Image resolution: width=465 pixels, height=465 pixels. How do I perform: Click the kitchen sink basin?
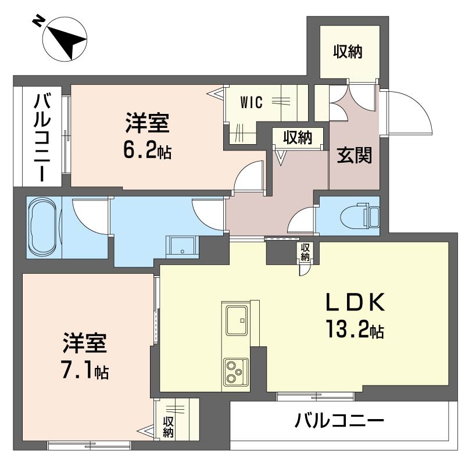[236, 319]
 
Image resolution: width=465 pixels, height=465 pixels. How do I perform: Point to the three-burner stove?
[235, 371]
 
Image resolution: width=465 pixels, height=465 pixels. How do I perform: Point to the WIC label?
[252, 102]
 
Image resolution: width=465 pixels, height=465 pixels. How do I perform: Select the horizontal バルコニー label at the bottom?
[339, 420]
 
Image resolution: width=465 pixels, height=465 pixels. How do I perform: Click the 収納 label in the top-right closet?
[348, 52]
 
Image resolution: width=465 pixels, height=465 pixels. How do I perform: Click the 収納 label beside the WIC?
[298, 138]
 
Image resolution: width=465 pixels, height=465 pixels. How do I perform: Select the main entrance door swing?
[409, 113]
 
